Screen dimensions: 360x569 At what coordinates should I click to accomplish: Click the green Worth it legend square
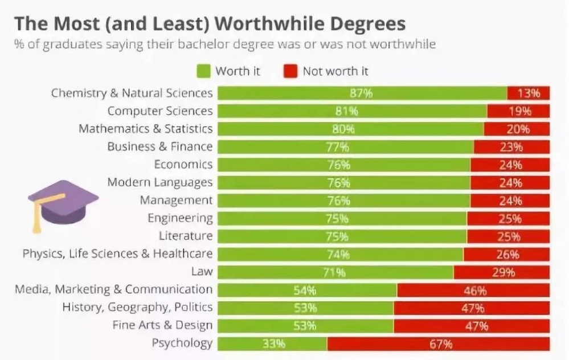click(x=203, y=71)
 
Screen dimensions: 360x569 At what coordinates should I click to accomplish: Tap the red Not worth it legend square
click(x=290, y=71)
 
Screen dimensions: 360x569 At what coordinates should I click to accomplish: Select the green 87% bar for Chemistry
click(x=362, y=93)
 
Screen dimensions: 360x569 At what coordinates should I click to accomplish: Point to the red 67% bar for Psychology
click(x=438, y=343)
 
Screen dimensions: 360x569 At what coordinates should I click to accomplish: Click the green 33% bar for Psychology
click(x=272, y=343)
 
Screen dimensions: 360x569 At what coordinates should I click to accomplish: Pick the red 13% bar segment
click(x=528, y=93)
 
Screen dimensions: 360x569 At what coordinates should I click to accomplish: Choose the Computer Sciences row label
click(x=159, y=111)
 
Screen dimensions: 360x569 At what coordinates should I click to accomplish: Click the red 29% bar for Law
click(x=501, y=272)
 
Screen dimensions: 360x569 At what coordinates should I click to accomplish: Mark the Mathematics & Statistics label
click(x=145, y=129)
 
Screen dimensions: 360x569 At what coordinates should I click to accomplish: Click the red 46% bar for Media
click(x=473, y=290)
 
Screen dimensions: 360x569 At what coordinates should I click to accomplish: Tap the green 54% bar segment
click(x=306, y=290)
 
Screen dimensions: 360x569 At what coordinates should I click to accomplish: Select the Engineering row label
click(x=180, y=218)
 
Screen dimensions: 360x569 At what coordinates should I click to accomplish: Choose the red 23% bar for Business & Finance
click(x=511, y=147)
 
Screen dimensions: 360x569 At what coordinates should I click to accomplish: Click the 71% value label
click(x=334, y=272)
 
